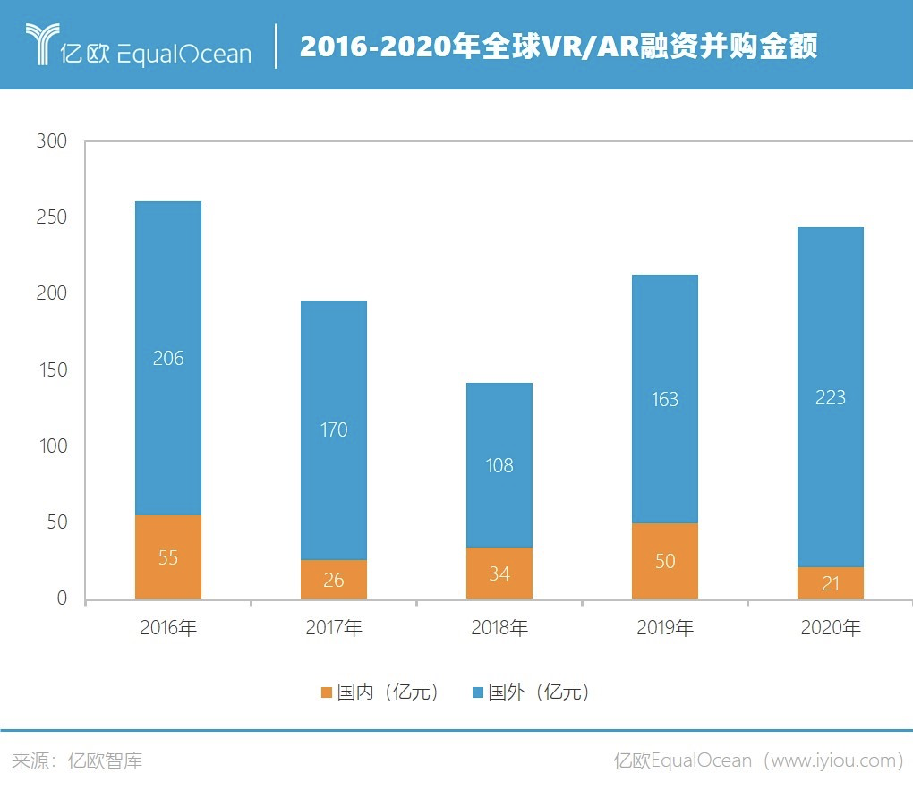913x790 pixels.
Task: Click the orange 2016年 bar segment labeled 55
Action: (x=168, y=556)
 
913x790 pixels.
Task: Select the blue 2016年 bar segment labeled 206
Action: (x=168, y=358)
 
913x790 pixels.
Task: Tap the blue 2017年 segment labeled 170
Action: (x=334, y=429)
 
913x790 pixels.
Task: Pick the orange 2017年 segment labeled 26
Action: (x=334, y=580)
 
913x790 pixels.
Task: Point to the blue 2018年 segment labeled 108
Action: (x=499, y=465)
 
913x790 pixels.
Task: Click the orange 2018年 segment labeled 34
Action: (x=499, y=573)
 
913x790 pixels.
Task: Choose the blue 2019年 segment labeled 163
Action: (x=665, y=399)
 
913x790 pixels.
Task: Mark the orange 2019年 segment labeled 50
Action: (x=665, y=561)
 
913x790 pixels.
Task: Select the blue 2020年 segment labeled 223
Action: (x=831, y=397)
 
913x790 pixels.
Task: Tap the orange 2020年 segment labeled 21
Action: (x=831, y=583)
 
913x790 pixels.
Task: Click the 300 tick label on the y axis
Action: (x=52, y=141)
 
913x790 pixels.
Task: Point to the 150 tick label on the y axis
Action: (x=52, y=370)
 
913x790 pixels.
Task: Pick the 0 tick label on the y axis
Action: (x=62, y=599)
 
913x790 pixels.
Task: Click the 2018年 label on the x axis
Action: (x=499, y=628)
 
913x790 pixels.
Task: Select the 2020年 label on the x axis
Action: (x=831, y=628)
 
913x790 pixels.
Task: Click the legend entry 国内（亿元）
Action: (x=380, y=692)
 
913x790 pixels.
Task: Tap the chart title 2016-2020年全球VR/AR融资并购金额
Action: (x=559, y=46)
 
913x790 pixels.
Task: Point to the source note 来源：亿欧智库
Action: (x=78, y=761)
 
